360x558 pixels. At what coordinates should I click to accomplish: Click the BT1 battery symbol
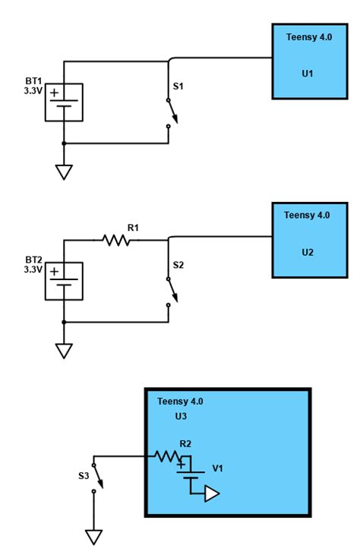click(64, 101)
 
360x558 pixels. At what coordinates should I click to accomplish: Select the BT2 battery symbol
click(64, 280)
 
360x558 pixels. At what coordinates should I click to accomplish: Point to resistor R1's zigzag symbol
click(116, 240)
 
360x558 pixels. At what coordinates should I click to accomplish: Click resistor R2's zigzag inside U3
click(168, 456)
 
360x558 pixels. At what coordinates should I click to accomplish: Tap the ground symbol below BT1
click(64, 172)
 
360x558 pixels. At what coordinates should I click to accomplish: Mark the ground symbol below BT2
click(64, 351)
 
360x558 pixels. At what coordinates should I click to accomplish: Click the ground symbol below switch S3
click(93, 537)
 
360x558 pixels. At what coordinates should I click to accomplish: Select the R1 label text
click(133, 227)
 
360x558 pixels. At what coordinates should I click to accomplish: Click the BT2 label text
click(33, 259)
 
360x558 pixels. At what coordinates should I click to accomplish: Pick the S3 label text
click(84, 476)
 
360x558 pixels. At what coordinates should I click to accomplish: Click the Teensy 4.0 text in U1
click(308, 36)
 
